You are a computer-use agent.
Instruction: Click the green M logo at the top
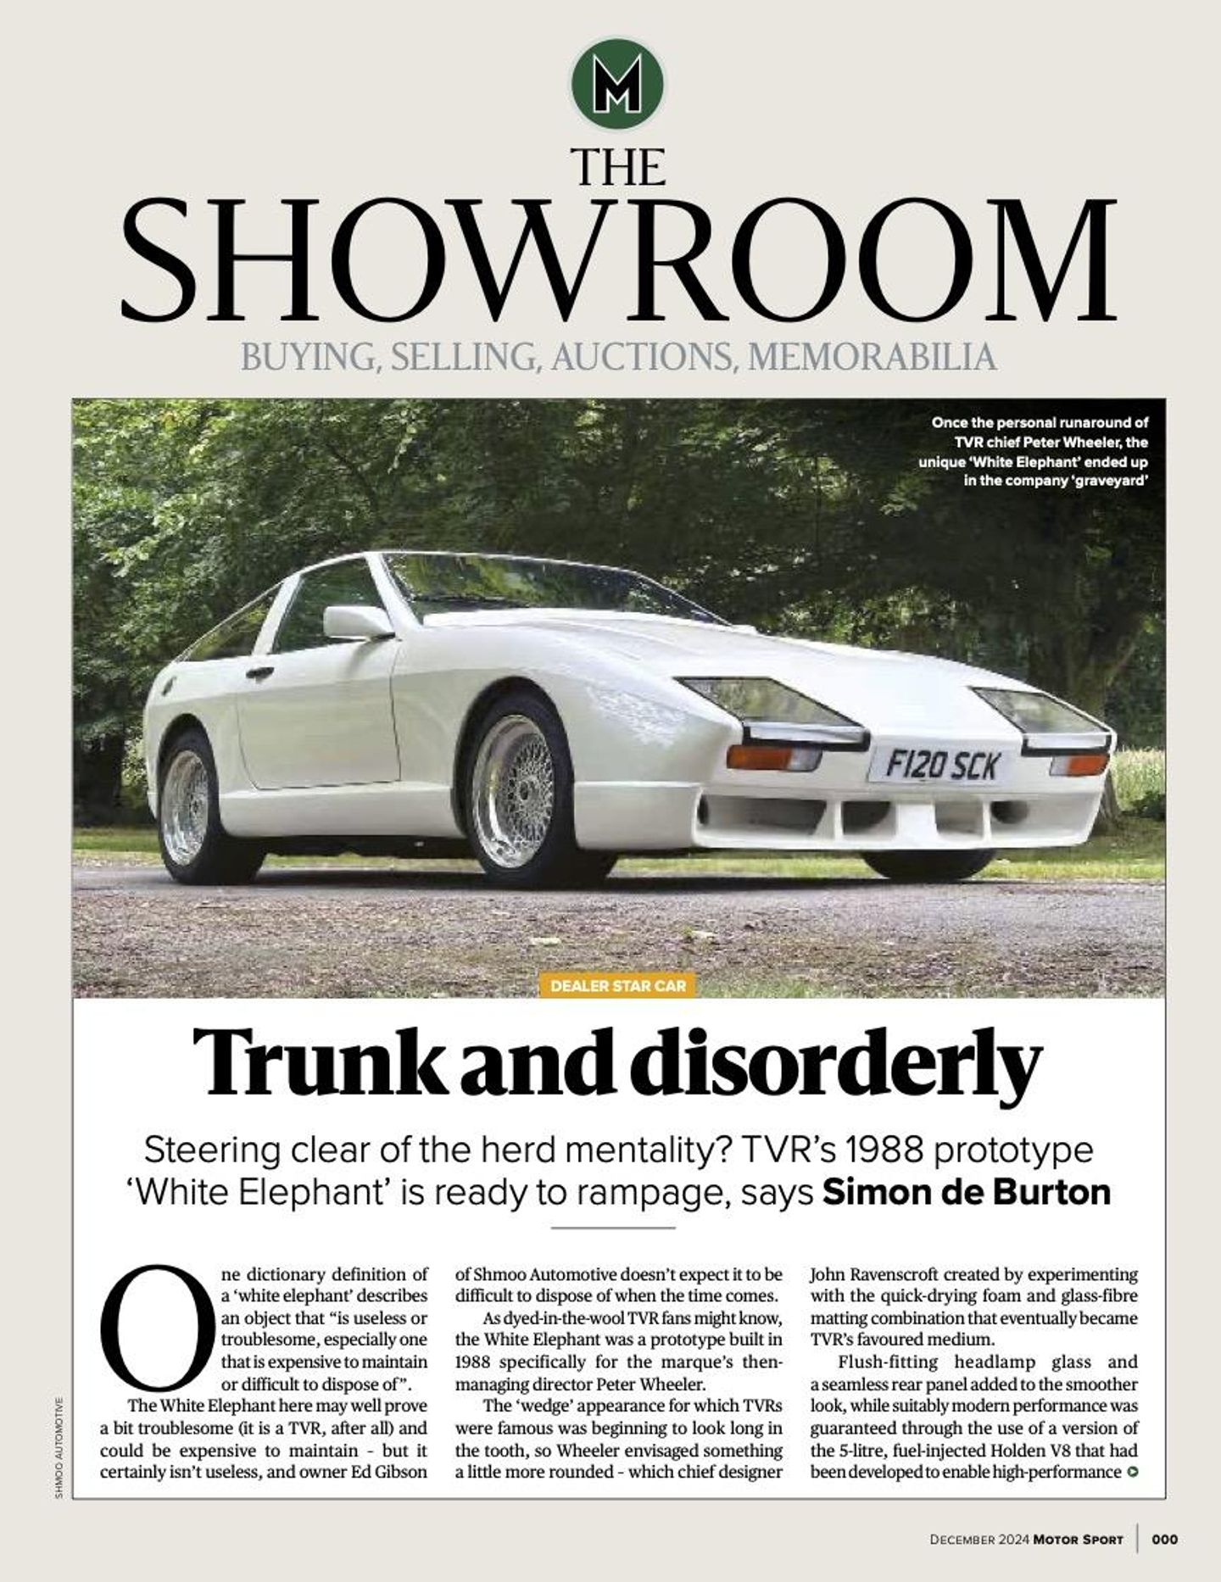[x=618, y=84]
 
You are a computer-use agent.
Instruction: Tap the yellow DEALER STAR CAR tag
[x=618, y=986]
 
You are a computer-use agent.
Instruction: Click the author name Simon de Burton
[x=967, y=1192]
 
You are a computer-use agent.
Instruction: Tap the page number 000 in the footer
[x=1164, y=1539]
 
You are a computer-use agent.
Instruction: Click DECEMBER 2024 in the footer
[x=979, y=1539]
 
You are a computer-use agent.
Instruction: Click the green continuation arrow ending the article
[x=1132, y=1472]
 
